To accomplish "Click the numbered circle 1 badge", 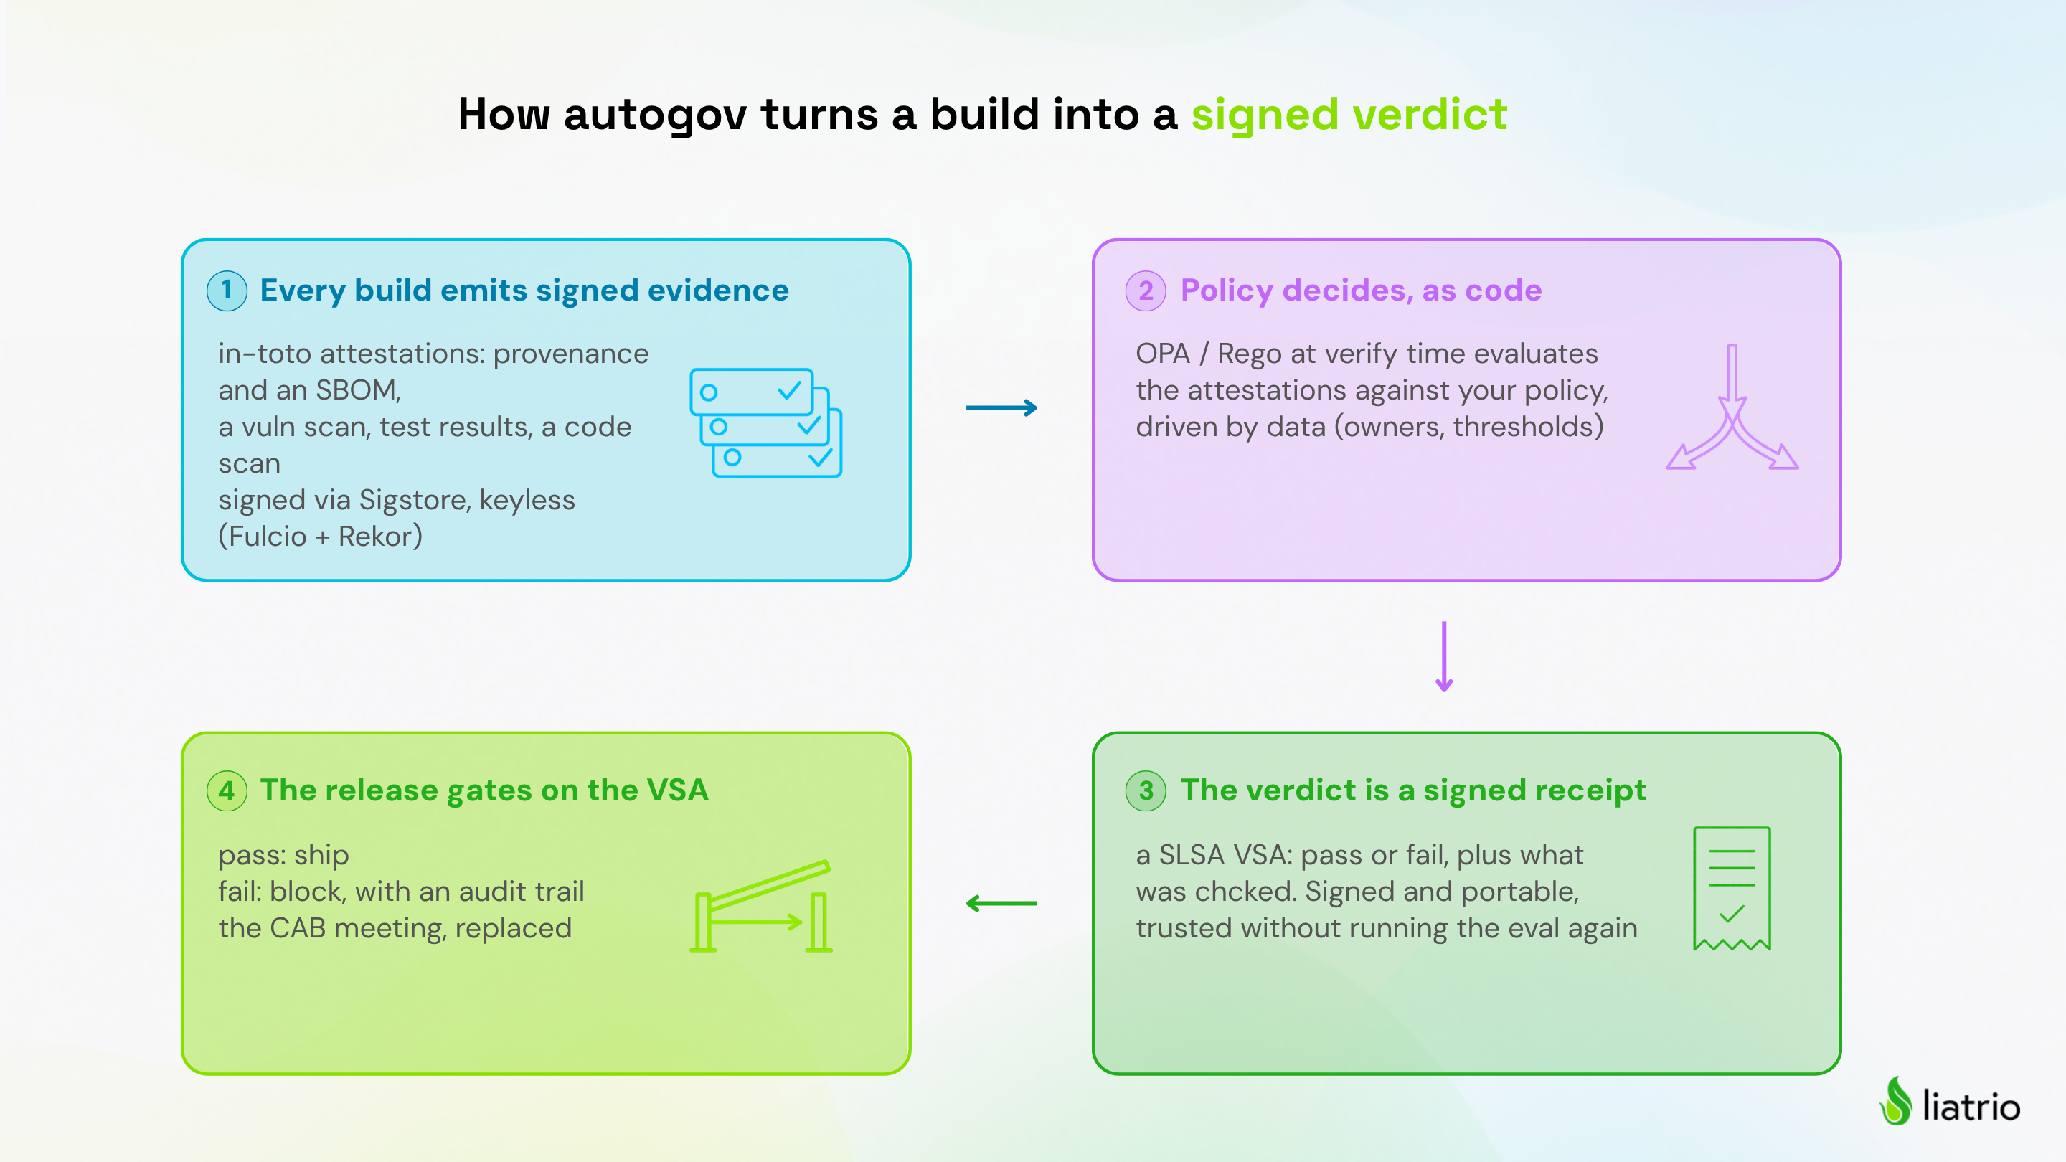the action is [x=227, y=290].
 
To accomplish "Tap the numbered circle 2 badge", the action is [x=1146, y=290].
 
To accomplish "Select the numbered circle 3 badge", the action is [x=1146, y=790].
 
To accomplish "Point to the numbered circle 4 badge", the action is [x=227, y=790].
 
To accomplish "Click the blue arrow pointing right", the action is [x=1001, y=408].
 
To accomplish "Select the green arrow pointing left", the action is [x=1001, y=904].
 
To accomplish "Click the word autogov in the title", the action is [x=655, y=115].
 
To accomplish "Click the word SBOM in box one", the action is [x=359, y=390].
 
